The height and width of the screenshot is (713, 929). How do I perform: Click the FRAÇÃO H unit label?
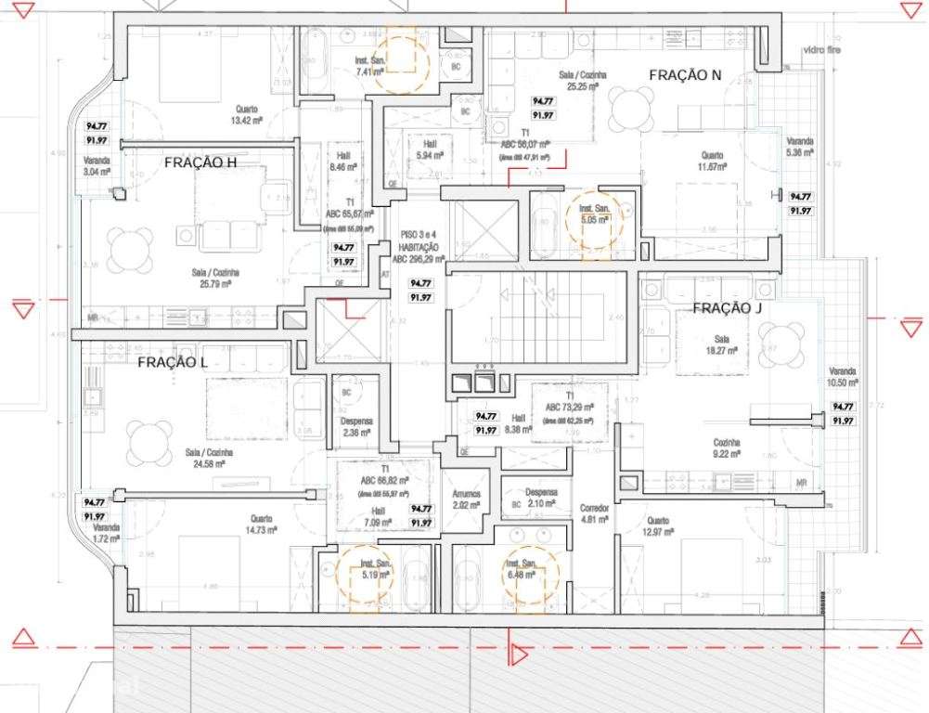click(x=200, y=162)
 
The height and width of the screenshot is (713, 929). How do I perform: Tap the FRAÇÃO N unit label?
click(x=685, y=75)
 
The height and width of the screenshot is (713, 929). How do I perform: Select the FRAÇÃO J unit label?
click(x=727, y=309)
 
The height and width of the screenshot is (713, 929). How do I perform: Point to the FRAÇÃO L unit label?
click(x=172, y=362)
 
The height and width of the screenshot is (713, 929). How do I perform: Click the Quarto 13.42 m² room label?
click(x=246, y=114)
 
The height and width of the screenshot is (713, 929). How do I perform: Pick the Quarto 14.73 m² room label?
click(x=260, y=525)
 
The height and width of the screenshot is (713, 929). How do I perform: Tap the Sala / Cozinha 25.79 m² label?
click(x=213, y=278)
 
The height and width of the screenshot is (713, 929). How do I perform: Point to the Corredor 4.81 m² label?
click(x=594, y=514)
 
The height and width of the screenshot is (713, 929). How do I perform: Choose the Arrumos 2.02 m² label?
click(x=466, y=500)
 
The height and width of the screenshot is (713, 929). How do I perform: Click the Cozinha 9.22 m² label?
click(x=726, y=448)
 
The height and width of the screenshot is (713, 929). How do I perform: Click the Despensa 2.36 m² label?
click(x=356, y=426)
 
